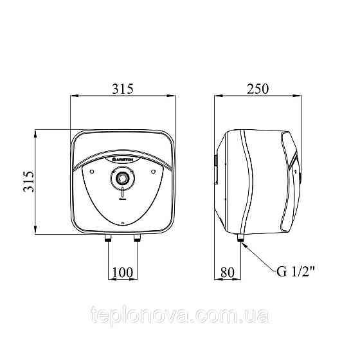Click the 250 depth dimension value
pos(257,89)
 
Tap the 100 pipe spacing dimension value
pos(123,273)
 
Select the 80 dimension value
pos(228,273)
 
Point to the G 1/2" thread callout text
pos(296,271)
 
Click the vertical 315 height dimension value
pos(29,181)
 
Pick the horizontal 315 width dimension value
pos(123,89)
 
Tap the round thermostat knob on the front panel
pos(123,178)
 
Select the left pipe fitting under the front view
pos(108,238)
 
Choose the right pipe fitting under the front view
pos(138,238)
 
